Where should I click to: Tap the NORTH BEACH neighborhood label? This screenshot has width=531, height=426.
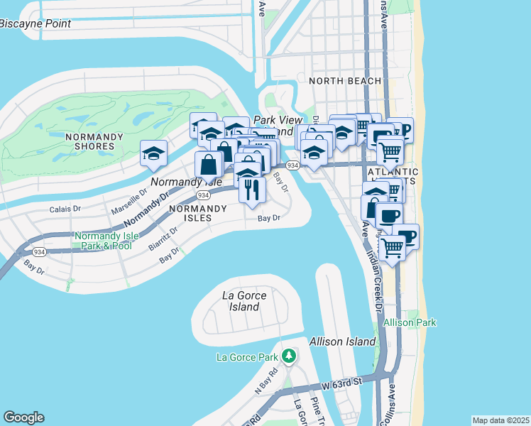[345, 81]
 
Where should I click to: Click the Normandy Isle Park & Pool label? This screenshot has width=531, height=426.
[103, 241]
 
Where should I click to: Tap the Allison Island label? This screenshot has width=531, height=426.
[341, 342]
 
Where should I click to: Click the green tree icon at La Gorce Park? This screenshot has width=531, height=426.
[288, 355]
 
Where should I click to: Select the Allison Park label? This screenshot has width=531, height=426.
[410, 322]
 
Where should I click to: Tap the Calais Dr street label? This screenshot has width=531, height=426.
[67, 209]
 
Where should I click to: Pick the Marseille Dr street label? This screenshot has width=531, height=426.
[128, 202]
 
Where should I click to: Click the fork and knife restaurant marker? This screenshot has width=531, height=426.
[251, 190]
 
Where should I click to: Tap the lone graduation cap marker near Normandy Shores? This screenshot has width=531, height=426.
[153, 154]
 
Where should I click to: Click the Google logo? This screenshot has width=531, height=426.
[23, 417]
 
